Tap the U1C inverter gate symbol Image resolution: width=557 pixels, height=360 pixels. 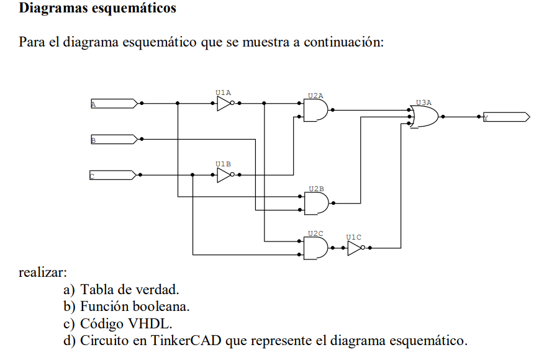[355, 248]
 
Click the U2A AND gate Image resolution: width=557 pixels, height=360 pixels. [315, 110]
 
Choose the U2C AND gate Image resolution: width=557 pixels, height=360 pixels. [315, 248]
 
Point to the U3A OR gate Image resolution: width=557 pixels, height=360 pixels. [425, 116]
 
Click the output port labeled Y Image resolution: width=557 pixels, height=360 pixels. [506, 117]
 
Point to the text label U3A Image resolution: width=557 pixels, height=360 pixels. [423, 102]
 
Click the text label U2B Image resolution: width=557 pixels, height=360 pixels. [316, 187]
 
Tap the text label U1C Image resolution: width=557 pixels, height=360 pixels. [353, 236]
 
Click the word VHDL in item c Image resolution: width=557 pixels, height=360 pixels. [144, 323]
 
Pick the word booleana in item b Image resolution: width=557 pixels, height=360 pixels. [166, 307]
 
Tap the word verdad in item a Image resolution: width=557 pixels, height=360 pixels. [160, 289]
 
